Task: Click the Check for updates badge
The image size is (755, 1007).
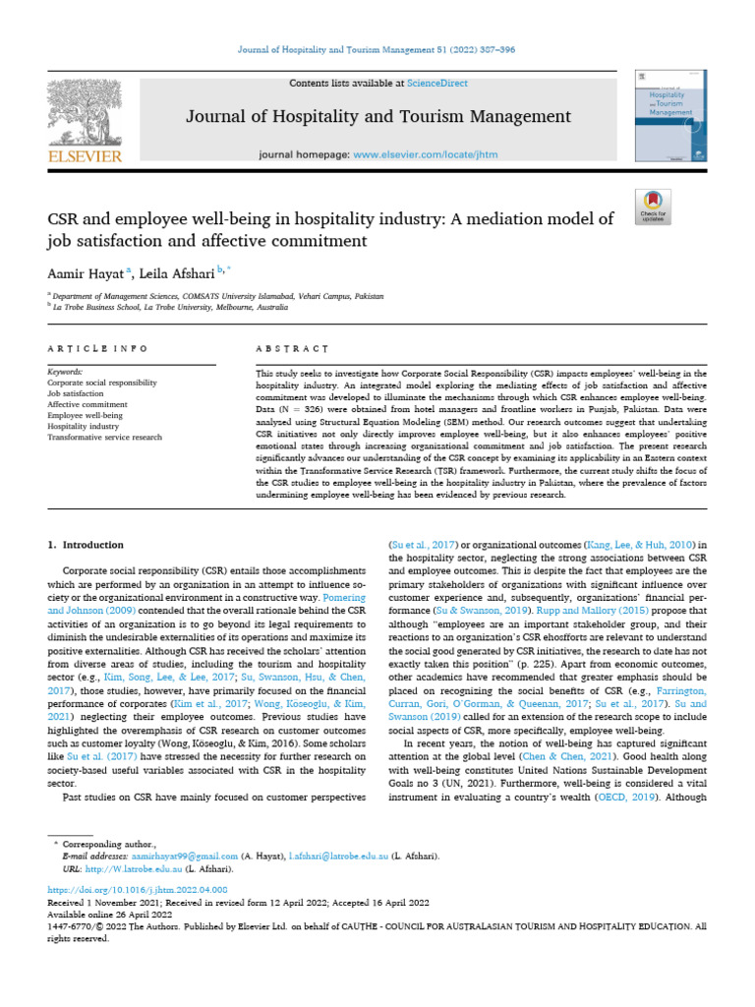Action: coord(653,205)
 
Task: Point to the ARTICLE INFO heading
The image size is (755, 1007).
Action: coord(98,349)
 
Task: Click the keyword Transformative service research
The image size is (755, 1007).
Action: coord(105,437)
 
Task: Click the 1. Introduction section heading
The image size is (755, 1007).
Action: coord(87,545)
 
